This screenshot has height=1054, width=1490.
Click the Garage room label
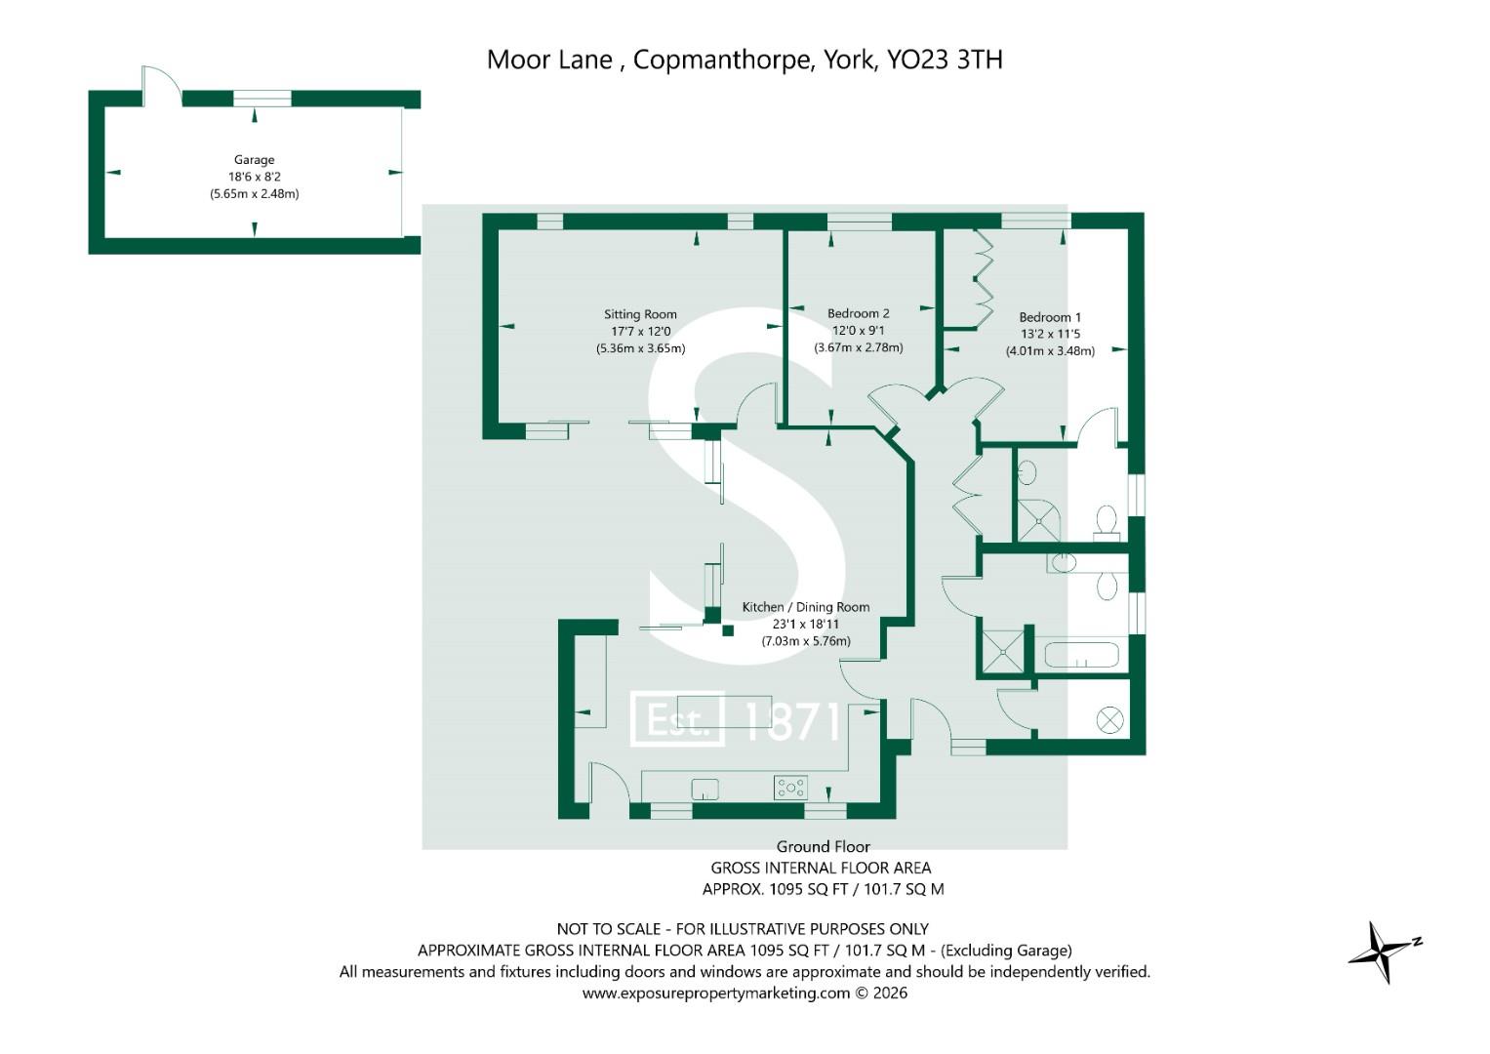254,160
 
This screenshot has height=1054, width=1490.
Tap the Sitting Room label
640,314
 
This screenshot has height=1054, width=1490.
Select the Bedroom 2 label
858,313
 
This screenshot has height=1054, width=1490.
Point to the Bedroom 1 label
1050,317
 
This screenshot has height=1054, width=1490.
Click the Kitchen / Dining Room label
806,607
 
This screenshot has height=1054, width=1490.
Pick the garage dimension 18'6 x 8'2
254,177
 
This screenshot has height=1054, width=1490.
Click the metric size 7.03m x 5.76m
806,641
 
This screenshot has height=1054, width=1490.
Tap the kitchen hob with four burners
791,788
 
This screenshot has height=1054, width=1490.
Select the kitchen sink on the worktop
705,790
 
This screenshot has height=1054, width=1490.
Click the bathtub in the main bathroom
1082,655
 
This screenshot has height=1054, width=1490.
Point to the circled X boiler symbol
1109,720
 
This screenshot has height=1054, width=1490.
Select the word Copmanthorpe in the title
722,61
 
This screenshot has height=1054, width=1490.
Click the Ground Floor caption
824,846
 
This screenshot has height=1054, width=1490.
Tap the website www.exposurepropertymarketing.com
716,993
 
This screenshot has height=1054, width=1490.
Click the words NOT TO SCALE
609,929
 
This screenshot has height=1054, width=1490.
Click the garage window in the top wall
262,100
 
